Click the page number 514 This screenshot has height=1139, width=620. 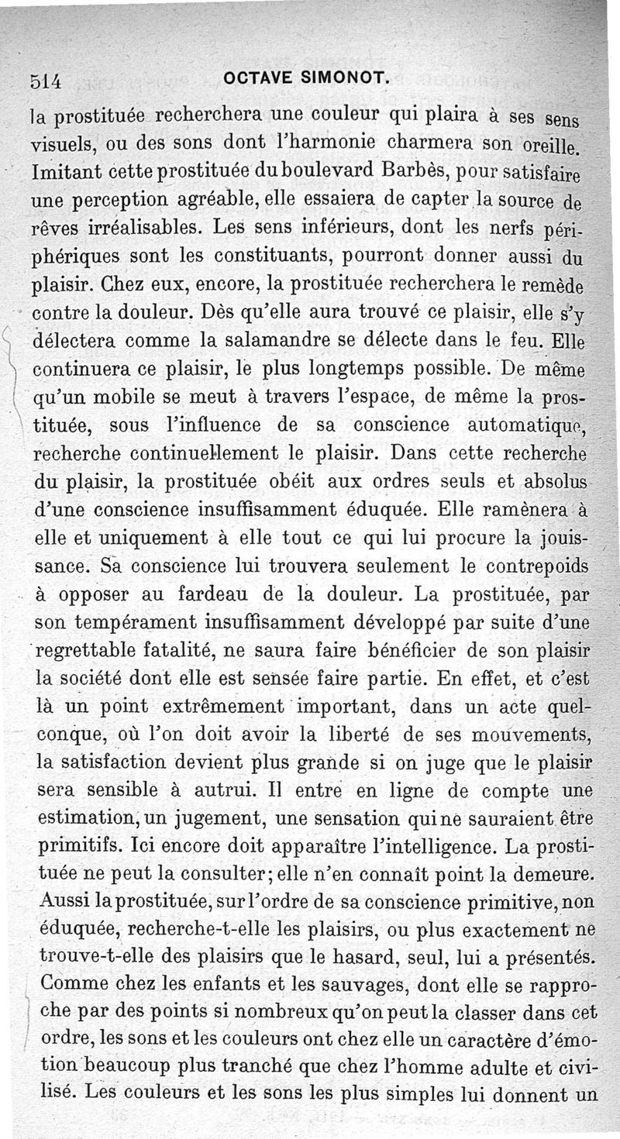(45, 78)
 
